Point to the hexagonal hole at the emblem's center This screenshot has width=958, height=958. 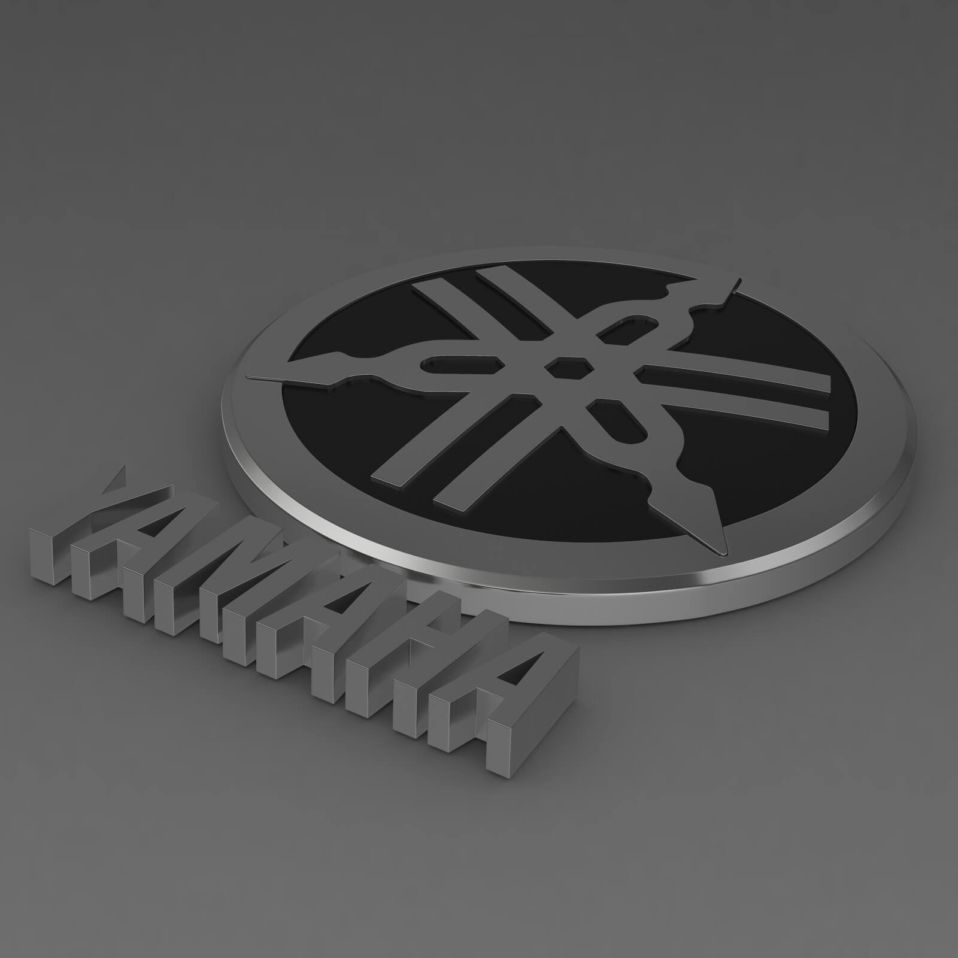pyautogui.click(x=565, y=368)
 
